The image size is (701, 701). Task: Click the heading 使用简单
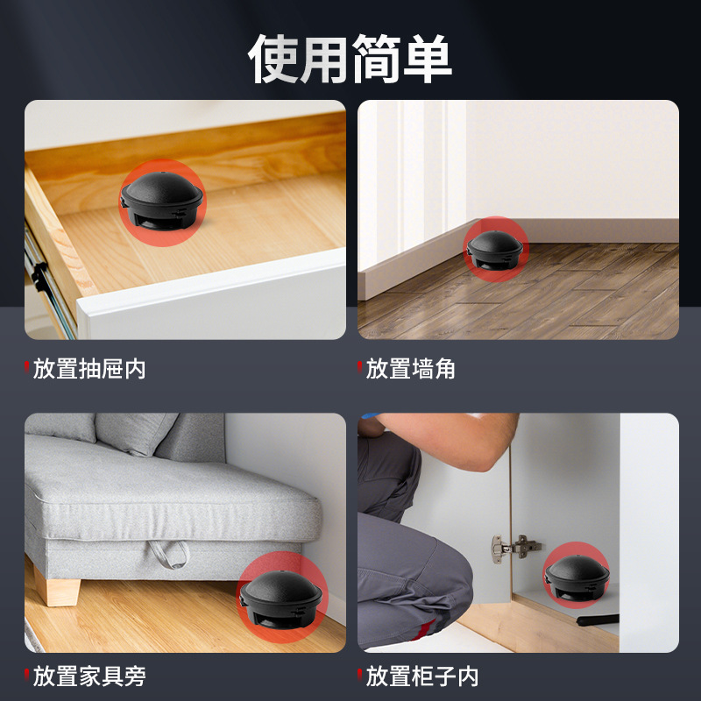tap(350, 59)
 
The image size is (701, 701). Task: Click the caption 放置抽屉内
tap(89, 368)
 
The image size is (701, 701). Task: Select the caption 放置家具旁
tap(89, 676)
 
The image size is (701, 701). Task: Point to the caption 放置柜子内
tap(422, 676)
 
